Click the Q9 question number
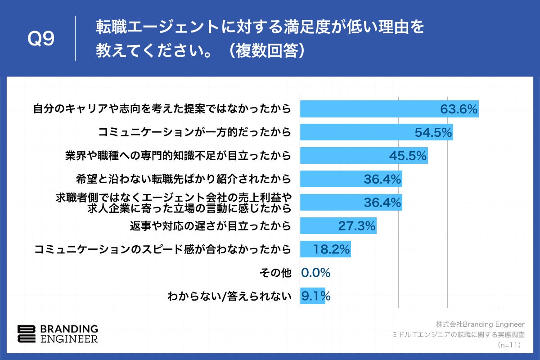click(x=41, y=40)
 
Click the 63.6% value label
click(x=459, y=109)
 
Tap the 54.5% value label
click(x=433, y=132)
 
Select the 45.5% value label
click(x=408, y=156)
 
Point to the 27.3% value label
click(x=357, y=226)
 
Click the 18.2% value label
click(x=331, y=249)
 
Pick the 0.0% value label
click(x=316, y=273)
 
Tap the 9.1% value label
click(x=316, y=296)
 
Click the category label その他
click(x=276, y=273)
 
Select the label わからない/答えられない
click(x=229, y=296)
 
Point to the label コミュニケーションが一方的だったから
click(x=195, y=132)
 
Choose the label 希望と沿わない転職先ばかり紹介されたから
click(x=184, y=179)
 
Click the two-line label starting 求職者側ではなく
click(x=173, y=202)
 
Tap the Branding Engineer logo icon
click(x=26, y=333)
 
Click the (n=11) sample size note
click(x=509, y=345)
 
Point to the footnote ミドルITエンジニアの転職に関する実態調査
click(x=459, y=335)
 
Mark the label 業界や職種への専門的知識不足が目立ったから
click(x=178, y=156)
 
